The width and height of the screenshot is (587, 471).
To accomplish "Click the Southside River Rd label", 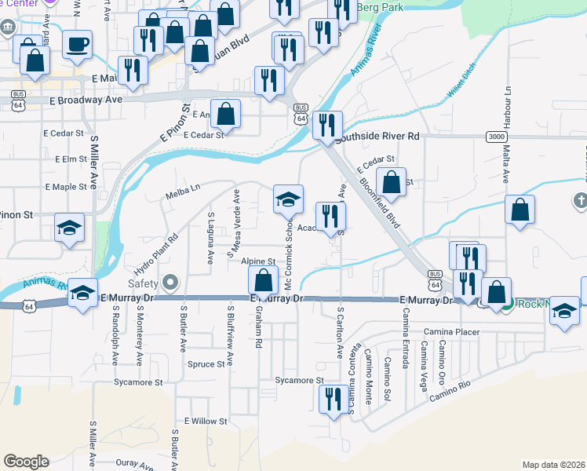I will (377, 137).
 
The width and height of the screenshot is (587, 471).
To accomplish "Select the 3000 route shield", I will (495, 136).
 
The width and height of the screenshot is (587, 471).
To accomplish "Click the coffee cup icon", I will (78, 45).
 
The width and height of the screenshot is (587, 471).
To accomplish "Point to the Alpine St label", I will (259, 261).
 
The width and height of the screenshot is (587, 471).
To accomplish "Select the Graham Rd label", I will (257, 327).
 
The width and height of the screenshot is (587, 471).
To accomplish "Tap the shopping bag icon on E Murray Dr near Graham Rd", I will (264, 281).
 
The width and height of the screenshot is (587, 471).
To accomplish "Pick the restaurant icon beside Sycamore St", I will (333, 399).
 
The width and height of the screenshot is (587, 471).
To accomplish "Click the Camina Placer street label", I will (451, 332).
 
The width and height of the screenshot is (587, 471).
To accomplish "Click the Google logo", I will (26, 462).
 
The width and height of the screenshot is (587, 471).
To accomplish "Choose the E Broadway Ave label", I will (86, 100).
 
